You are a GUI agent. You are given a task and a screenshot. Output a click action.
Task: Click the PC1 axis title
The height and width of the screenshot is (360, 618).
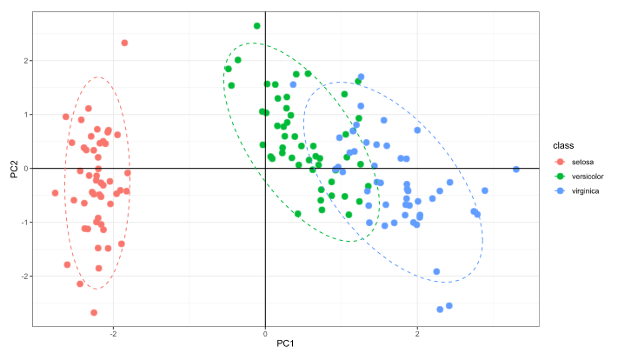point(286,344)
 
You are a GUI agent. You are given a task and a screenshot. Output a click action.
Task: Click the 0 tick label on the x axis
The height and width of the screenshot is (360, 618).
point(264,332)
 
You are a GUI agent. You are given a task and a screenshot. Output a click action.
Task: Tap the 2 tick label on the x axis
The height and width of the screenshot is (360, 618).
point(417,332)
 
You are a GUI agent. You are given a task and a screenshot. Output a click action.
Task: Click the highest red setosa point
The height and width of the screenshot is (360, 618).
point(124,43)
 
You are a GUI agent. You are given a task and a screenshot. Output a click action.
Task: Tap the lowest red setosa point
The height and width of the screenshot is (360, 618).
point(94,312)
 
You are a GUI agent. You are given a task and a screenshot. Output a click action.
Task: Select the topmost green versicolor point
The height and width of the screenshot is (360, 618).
point(256,26)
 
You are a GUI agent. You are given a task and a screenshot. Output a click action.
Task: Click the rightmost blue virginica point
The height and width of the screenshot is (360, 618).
point(515,170)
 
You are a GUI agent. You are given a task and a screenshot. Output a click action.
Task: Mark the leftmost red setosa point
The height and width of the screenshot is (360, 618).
point(55,193)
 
